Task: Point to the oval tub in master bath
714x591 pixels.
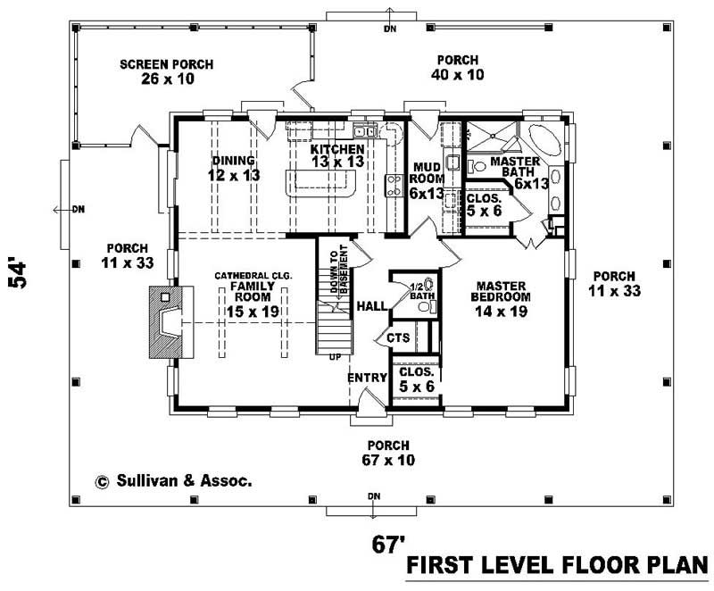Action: point(542,140)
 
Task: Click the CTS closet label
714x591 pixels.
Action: point(397,338)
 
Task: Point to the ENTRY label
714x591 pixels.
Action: point(367,378)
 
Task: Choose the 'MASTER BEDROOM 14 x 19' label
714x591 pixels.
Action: point(502,299)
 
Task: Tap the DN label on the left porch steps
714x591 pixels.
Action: point(78,210)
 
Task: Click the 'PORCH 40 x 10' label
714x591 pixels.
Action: point(460,67)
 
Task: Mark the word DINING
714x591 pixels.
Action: point(235,161)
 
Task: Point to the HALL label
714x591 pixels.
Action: point(371,306)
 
